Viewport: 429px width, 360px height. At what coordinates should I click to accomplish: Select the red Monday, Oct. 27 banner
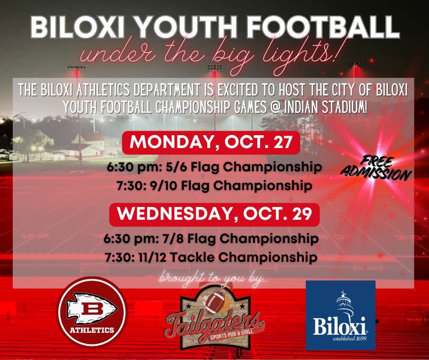pyautogui.click(x=211, y=143)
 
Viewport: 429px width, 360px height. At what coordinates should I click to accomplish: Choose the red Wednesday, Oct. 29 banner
pyautogui.click(x=214, y=215)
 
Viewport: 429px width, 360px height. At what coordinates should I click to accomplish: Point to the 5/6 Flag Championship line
pyautogui.click(x=214, y=167)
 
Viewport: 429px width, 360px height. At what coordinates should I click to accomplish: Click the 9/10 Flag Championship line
pyautogui.click(x=214, y=186)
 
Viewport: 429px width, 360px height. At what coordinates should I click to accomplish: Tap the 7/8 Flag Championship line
pyautogui.click(x=211, y=238)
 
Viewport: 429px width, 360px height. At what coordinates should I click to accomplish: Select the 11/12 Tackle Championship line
pyautogui.click(x=211, y=258)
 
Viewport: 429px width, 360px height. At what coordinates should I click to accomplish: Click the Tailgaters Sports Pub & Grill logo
pyautogui.click(x=215, y=318)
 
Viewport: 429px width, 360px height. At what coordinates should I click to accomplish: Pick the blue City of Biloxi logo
pyautogui.click(x=340, y=315)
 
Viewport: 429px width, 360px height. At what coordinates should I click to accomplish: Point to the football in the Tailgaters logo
pyautogui.click(x=214, y=302)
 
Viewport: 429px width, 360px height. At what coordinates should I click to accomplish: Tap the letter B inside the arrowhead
pyautogui.click(x=92, y=309)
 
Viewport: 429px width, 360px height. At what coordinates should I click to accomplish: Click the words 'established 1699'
pyautogui.click(x=350, y=339)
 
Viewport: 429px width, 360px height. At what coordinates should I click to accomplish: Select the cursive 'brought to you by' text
pyautogui.click(x=214, y=279)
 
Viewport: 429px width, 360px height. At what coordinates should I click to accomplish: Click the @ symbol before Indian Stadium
pyautogui.click(x=275, y=107)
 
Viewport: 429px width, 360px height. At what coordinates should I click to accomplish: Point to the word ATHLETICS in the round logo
pyautogui.click(x=92, y=330)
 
